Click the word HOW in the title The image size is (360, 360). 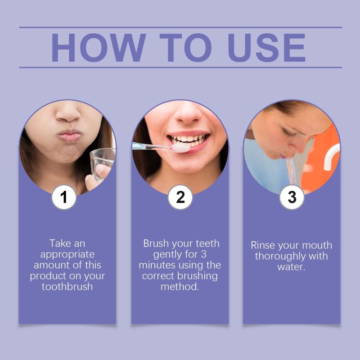[98, 48]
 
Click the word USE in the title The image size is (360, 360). [266, 48]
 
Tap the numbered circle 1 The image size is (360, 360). [64, 197]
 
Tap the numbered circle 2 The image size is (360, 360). [180, 197]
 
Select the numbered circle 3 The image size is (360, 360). [292, 197]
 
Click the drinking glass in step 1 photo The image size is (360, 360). [103, 164]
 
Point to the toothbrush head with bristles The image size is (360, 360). [181, 148]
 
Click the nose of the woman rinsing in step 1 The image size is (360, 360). [68, 113]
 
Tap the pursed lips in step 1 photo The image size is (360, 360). [70, 136]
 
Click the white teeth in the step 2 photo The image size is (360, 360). [189, 139]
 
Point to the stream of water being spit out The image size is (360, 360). [292, 171]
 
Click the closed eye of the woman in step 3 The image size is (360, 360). [288, 133]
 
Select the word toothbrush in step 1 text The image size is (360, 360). [67, 287]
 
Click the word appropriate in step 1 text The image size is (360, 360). [67, 255]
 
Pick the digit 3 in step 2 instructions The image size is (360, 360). [203, 254]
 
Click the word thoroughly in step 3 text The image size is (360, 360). [280, 256]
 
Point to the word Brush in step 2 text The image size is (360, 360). [156, 243]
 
